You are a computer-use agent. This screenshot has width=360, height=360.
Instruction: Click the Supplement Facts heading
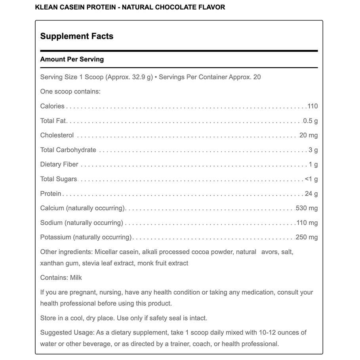click(x=77, y=36)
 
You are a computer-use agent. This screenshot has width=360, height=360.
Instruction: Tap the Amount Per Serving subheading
click(x=72, y=59)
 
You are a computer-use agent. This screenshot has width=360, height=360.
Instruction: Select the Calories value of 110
click(x=312, y=106)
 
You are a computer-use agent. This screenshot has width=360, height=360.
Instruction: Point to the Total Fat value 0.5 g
click(x=310, y=121)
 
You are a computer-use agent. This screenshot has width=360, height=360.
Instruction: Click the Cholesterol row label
click(x=57, y=135)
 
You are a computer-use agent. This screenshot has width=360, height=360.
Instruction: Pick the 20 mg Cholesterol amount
click(x=309, y=135)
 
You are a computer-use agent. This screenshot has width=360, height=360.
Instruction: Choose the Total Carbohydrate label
click(x=68, y=150)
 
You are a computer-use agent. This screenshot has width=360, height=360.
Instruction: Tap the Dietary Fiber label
click(x=59, y=164)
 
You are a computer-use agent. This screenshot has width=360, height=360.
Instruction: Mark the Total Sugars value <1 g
click(x=311, y=179)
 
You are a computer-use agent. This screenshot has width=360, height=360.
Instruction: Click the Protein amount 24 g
click(x=312, y=194)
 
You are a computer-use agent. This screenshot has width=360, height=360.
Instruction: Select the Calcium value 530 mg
click(x=307, y=208)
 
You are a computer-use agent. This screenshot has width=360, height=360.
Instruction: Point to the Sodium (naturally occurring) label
click(x=82, y=223)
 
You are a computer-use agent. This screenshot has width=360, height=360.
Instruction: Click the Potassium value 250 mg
click(x=307, y=238)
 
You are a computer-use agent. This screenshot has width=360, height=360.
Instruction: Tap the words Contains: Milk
click(x=61, y=278)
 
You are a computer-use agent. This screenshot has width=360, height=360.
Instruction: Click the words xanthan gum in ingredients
click(x=60, y=263)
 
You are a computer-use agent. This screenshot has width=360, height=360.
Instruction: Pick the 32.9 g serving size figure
click(x=143, y=77)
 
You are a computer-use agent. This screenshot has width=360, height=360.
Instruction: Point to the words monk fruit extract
click(x=163, y=263)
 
